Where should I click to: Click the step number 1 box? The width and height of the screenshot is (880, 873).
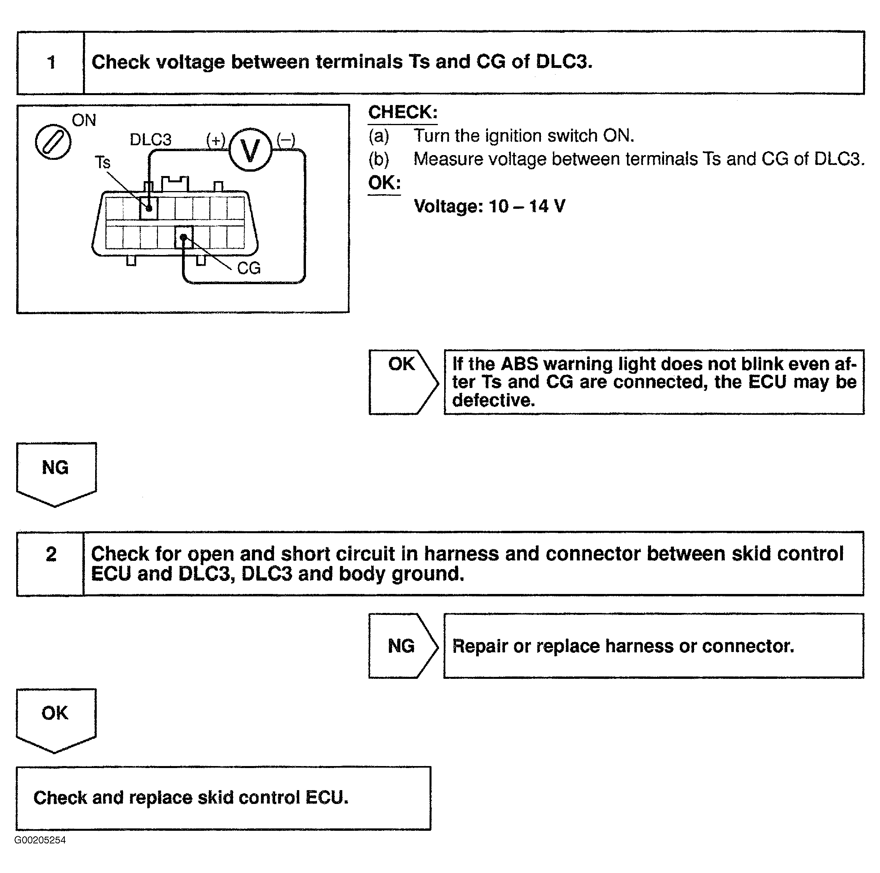pos(51,63)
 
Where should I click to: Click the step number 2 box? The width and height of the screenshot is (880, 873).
pos(51,563)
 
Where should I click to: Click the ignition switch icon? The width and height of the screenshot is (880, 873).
pos(53,142)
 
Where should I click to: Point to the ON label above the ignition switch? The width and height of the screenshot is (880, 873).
pos(84,121)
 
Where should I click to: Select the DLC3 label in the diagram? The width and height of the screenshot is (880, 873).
pos(150,140)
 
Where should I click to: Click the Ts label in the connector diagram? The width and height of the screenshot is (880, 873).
pos(103,163)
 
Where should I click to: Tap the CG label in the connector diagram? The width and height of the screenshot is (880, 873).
pos(249,268)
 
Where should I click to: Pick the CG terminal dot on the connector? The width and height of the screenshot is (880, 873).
pos(183,237)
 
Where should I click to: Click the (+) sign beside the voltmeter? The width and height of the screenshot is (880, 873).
pos(216,140)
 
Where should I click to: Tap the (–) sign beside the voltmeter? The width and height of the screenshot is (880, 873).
pos(286,140)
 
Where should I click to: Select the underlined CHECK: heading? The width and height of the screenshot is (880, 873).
pos(403,112)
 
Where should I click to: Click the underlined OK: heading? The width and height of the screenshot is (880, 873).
pos(385,183)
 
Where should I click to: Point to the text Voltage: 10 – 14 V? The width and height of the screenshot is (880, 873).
pos(489,206)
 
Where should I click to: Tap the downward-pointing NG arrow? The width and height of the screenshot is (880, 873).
pos(56,473)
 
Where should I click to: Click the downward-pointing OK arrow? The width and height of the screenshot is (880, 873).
pos(56,719)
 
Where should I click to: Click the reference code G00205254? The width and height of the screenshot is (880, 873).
pos(40,840)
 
